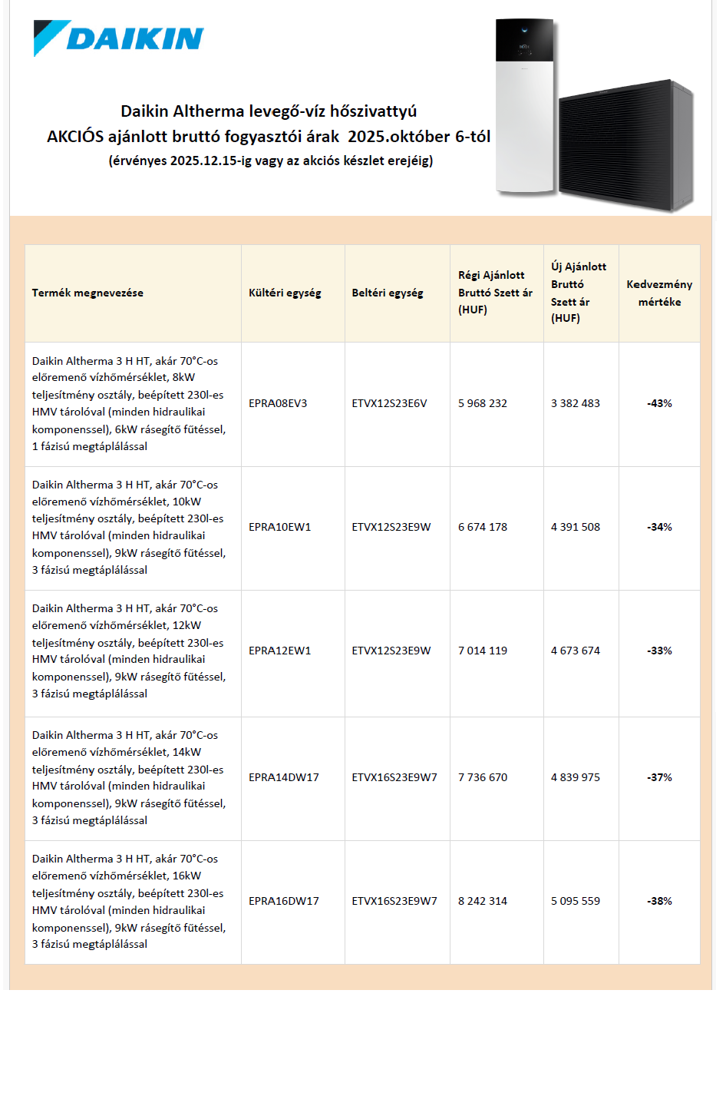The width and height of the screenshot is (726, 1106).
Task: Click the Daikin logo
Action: [119, 38]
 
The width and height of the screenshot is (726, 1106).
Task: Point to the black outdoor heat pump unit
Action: [625, 146]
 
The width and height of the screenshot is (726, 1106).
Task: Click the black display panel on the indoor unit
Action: [525, 40]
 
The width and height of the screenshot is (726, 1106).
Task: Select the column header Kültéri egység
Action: [285, 293]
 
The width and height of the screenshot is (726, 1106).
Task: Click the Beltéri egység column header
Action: [388, 293]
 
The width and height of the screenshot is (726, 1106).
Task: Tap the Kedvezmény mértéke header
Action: [659, 293]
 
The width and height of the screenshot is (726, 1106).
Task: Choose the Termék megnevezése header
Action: [87, 293]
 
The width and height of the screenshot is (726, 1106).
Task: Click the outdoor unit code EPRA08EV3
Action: [278, 403]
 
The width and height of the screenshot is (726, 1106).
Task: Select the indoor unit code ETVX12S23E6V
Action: [389, 403]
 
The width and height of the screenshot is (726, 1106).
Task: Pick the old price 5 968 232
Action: [483, 403]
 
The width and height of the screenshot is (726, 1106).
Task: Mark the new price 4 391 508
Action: [576, 527]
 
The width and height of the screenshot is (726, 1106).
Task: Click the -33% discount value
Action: [659, 651]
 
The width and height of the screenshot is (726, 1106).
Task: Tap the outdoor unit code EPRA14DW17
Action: [284, 777]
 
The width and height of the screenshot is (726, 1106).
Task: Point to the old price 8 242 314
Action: [483, 901]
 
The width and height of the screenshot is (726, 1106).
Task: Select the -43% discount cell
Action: [659, 403]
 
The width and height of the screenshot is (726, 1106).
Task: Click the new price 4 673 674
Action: [576, 651]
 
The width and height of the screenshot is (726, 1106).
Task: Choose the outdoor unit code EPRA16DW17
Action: [284, 901]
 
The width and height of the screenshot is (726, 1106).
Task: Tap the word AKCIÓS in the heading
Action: [75, 137]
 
